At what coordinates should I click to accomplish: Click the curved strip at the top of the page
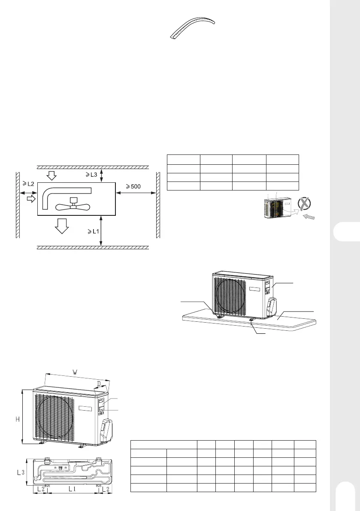[192, 27]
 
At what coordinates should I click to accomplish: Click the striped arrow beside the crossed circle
[312, 217]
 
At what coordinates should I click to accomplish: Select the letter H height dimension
[18, 419]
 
